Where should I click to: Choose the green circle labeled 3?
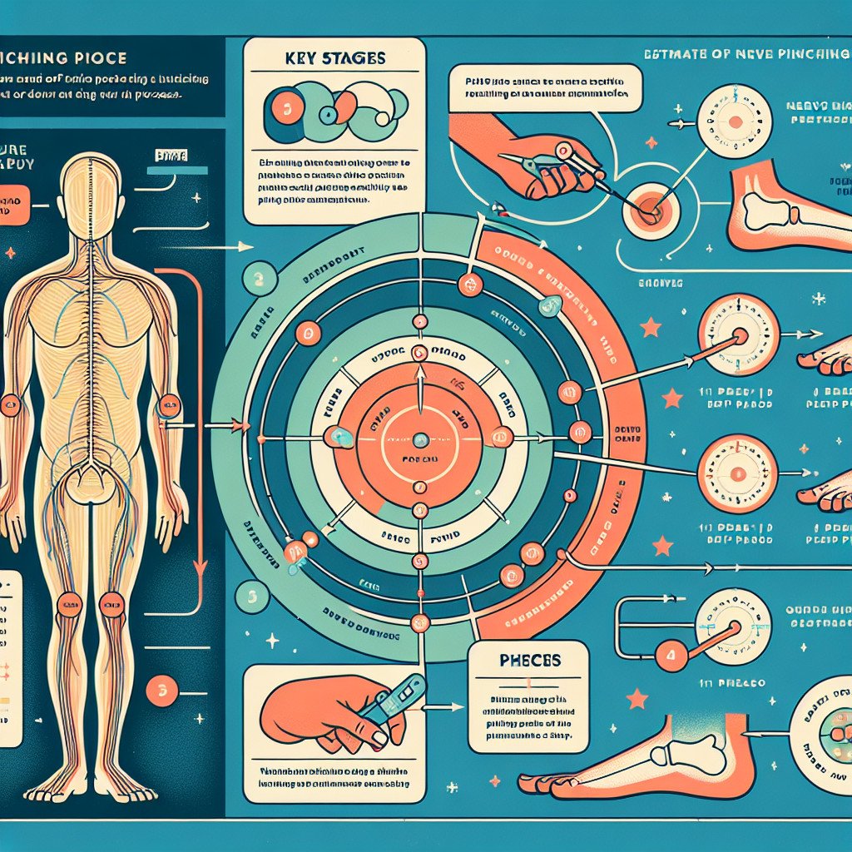(x=251, y=596)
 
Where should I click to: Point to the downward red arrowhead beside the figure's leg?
(x=200, y=568)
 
